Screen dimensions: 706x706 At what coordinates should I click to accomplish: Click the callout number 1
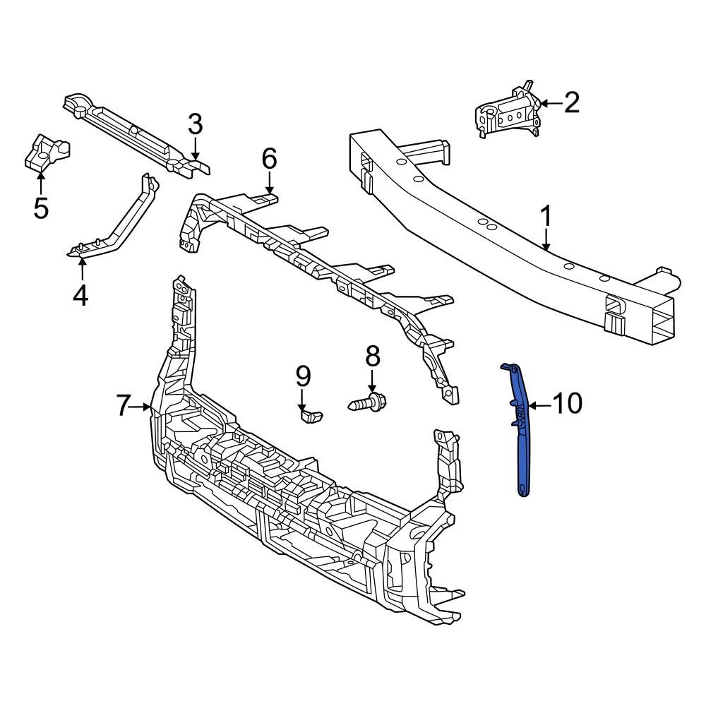point(547,218)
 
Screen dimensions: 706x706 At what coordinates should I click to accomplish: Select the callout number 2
point(570,103)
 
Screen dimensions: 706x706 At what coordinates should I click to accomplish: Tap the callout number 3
point(196,125)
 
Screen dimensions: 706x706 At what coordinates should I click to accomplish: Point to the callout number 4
point(81,294)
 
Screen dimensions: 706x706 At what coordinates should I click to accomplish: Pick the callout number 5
point(41,208)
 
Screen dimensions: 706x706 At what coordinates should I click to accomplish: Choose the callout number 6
point(270,160)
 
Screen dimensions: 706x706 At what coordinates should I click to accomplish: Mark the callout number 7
point(123,406)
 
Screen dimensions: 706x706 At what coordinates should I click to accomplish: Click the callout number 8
point(372,357)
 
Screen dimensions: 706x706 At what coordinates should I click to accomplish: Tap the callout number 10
point(566,404)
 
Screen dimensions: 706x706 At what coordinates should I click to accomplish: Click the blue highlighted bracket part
point(521,438)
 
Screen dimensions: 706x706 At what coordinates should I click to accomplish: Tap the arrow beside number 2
point(550,104)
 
